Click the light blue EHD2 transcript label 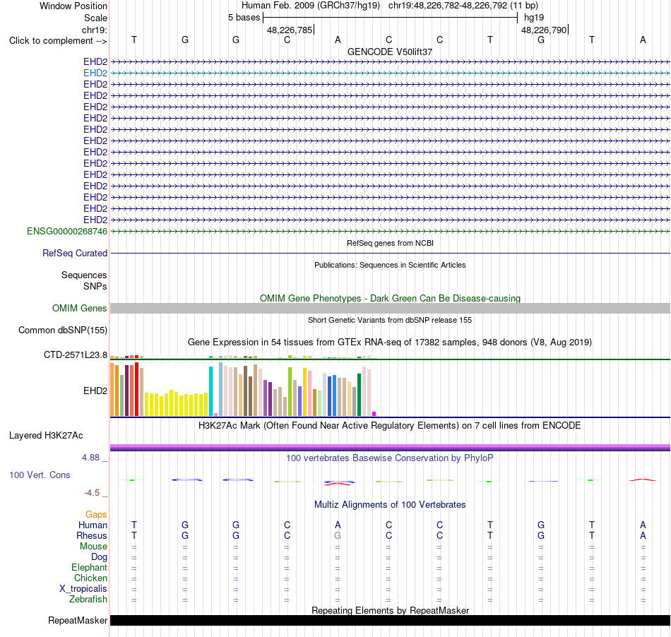95,73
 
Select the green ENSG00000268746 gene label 67,232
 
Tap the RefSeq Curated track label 74,254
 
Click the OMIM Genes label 79,309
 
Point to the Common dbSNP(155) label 62,331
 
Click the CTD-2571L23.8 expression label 76,355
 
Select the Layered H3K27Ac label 46,436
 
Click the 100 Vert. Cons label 40,475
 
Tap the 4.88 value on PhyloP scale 90,458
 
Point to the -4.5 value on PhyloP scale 92,493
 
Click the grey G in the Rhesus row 338,535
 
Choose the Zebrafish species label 88,600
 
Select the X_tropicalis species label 83,589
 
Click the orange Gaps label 96,515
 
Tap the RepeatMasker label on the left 78,620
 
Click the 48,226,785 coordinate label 290,30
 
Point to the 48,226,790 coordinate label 543,30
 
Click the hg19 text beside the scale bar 534,18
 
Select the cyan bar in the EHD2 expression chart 210,391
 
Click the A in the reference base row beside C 338,40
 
